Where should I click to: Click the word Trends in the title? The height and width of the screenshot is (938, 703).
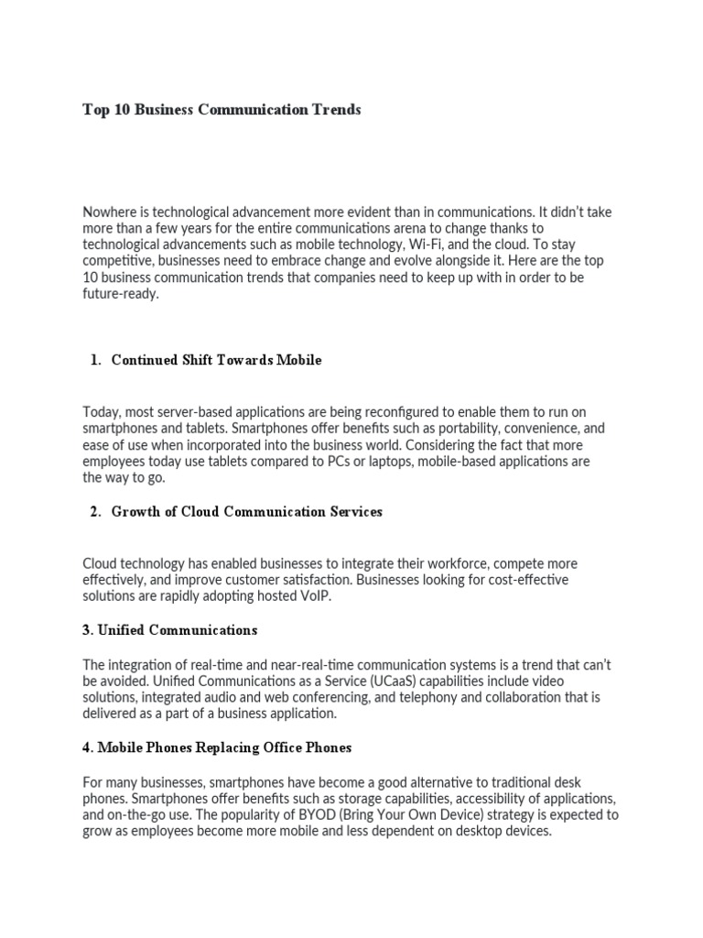pyautogui.click(x=336, y=110)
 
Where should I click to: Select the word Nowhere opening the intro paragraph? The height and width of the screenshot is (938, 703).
pyautogui.click(x=111, y=213)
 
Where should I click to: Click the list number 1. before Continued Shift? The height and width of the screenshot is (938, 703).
pyautogui.click(x=95, y=360)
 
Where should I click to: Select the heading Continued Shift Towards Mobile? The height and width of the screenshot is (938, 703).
pyautogui.click(x=216, y=360)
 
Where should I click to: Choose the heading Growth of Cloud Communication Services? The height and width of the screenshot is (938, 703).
pyautogui.click(x=246, y=512)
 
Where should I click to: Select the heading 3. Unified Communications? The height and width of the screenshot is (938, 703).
pyautogui.click(x=170, y=630)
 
